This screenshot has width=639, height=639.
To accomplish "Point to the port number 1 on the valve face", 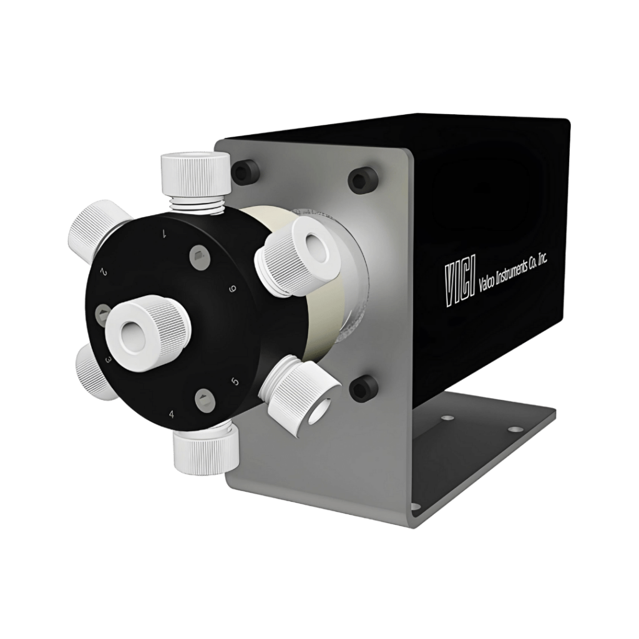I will pyautogui.click(x=163, y=234).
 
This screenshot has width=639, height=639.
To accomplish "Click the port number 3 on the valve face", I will pyautogui.click(x=109, y=360).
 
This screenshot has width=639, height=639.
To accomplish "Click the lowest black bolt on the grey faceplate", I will pyautogui.click(x=362, y=388).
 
